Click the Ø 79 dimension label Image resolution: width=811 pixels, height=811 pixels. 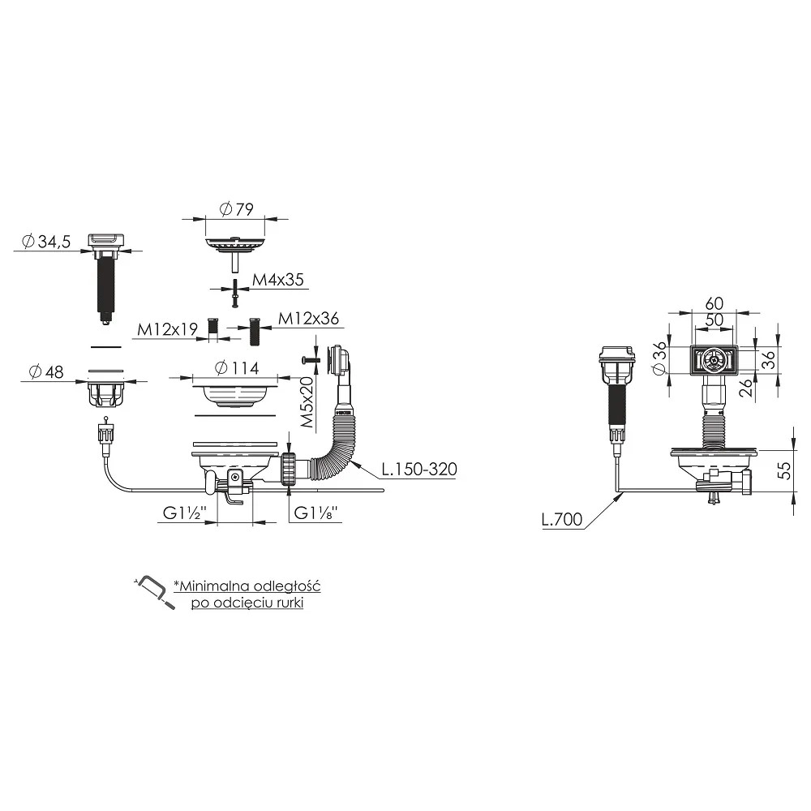tap(236, 209)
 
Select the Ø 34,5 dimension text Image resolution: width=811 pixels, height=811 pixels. tap(46, 241)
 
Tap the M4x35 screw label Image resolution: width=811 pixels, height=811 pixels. tap(277, 280)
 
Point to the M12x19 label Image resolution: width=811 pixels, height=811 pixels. tap(167, 329)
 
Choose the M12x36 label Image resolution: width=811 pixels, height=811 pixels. tap(308, 319)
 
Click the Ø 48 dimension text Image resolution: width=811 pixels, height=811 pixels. tap(46, 372)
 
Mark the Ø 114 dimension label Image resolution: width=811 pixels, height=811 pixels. tap(236, 368)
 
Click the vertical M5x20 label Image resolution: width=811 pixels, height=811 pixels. tap(307, 402)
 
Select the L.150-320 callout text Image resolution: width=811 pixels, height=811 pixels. tap(419, 469)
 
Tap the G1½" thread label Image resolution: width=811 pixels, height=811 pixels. tap(185, 513)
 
